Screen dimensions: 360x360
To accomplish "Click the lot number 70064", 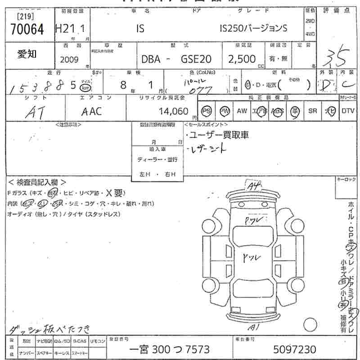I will pyautogui.click(x=27, y=29).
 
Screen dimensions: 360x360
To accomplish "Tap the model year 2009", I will pyautogui.click(x=69, y=59).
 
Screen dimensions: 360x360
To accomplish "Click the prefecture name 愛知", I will pyautogui.click(x=27, y=54).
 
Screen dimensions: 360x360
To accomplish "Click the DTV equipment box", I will pyautogui.click(x=348, y=111).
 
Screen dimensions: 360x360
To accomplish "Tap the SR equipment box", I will pyautogui.click(x=312, y=111).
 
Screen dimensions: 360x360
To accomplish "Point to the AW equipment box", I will pyautogui.click(x=242, y=111).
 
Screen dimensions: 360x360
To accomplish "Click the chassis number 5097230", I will pyautogui.click(x=295, y=349).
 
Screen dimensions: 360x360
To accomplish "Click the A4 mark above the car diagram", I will pyautogui.click(x=253, y=185).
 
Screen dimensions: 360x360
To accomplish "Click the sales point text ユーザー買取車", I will pyautogui.click(x=219, y=135).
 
